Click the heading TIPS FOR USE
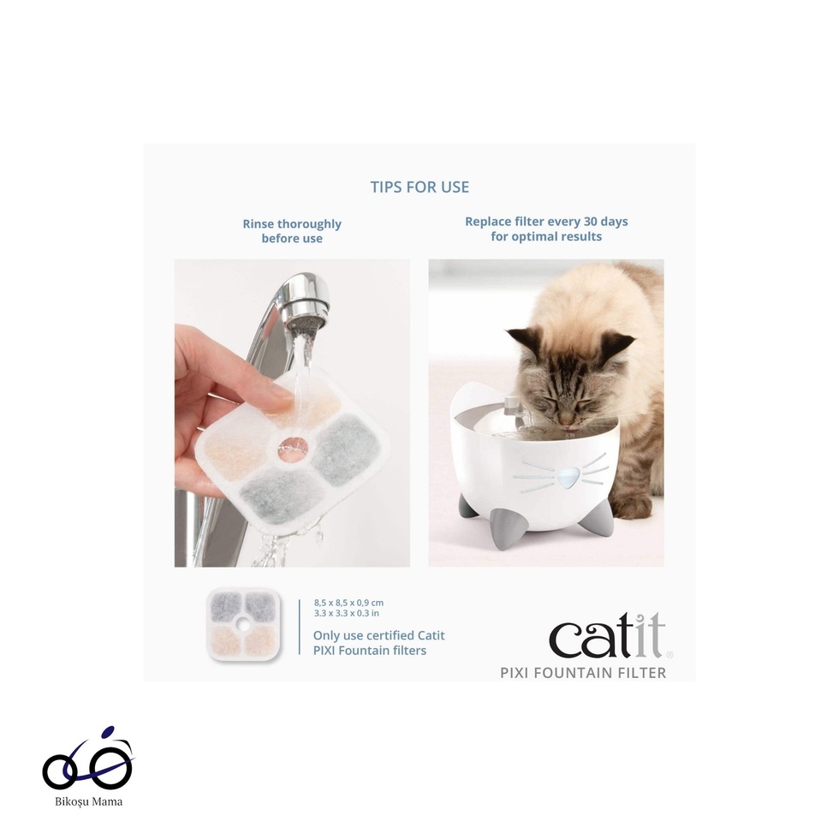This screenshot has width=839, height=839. [x=419, y=187]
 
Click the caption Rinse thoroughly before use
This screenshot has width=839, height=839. [x=292, y=231]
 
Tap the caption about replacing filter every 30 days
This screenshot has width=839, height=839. [x=546, y=229]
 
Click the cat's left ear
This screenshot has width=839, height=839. [x=521, y=339]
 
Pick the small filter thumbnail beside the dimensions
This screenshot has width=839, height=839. [x=242, y=624]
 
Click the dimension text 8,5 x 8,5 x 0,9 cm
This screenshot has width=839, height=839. [x=348, y=603]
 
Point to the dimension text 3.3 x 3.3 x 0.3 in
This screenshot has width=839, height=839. [x=346, y=613]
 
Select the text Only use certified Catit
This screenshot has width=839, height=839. [x=378, y=635]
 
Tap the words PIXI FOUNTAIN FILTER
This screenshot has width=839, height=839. [x=583, y=673]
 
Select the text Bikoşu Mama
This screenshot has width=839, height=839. [x=89, y=801]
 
